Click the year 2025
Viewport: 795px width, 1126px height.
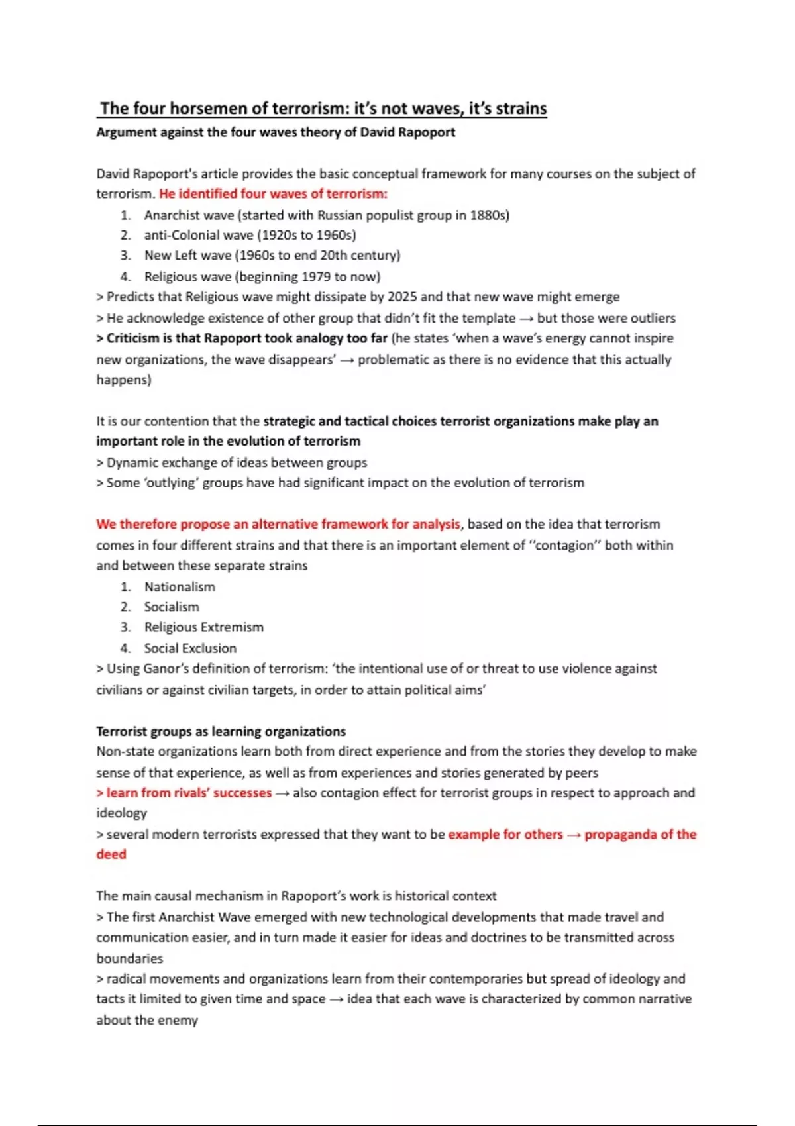tap(403, 297)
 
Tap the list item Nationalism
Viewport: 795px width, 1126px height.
tap(180, 587)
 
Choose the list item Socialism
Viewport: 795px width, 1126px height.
tap(172, 607)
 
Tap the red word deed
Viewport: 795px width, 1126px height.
tap(111, 854)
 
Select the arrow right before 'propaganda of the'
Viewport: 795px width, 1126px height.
tap(573, 835)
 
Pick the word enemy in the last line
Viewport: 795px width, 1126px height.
tap(178, 1020)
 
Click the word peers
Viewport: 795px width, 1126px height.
tap(581, 773)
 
